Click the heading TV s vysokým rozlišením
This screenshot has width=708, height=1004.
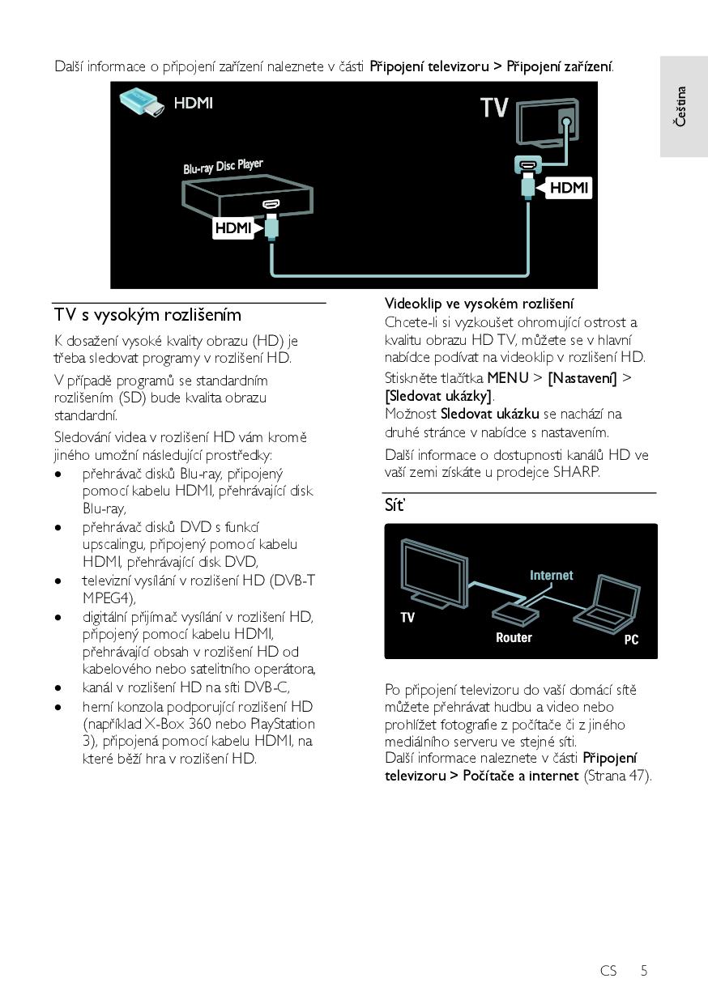pos(147,315)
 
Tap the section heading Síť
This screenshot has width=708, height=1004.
pos(395,506)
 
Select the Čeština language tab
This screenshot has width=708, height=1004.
pos(682,106)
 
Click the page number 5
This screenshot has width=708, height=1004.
pos(644,970)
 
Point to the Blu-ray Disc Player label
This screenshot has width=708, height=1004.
pos(223,168)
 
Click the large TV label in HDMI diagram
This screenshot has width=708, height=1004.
pos(494,107)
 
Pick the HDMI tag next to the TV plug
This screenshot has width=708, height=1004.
pos(569,188)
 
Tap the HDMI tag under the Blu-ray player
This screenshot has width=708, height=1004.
pos(233,228)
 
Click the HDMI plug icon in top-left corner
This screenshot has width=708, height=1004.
pos(142,103)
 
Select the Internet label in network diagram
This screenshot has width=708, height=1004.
pos(551,576)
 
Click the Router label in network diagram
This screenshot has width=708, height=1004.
pos(514,638)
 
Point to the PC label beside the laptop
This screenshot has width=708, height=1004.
pos(631,640)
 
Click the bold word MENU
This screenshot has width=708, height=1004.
pos(508,378)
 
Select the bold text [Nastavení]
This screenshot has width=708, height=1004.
pos(582,378)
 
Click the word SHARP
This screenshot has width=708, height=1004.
pos(576,472)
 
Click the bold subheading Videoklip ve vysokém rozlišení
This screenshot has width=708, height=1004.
pos(479,304)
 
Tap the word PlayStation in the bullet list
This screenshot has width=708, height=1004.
pos(283,723)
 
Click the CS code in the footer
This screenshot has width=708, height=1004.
pos(608,970)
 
